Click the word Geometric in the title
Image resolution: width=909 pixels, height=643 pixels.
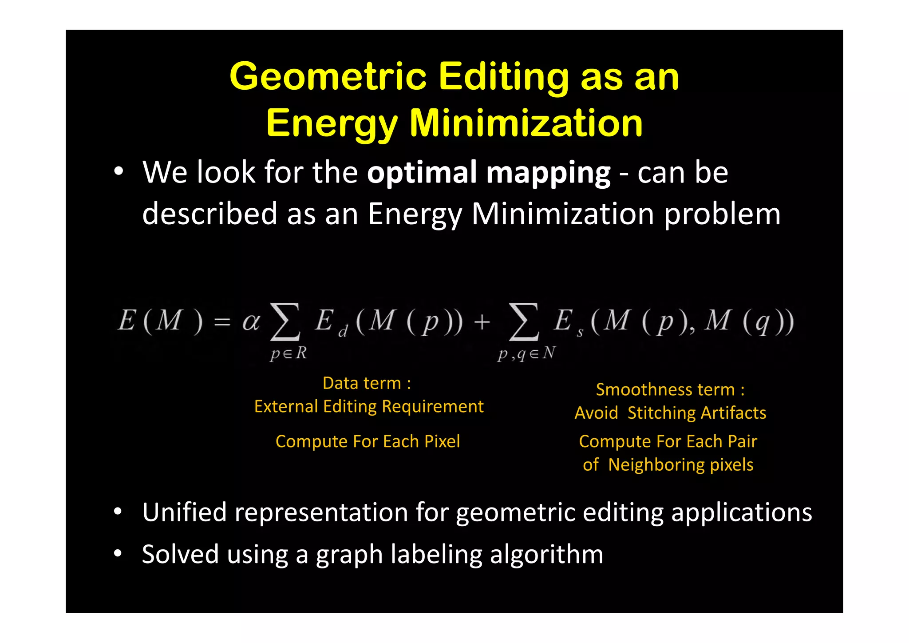tap(328, 76)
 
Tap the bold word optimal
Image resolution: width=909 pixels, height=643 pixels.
tap(422, 172)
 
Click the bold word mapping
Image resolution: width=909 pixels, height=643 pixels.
tap(548, 173)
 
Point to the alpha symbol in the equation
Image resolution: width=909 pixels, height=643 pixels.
tap(251, 321)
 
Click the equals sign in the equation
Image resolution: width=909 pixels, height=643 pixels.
tap(222, 321)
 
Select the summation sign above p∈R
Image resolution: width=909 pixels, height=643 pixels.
tap(285, 321)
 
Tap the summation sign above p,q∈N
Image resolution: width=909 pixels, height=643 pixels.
tap(524, 321)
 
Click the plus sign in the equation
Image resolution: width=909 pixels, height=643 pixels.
tap(482, 321)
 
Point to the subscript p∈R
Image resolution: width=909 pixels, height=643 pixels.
tap(289, 353)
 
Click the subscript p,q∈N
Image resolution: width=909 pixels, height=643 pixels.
tap(526, 353)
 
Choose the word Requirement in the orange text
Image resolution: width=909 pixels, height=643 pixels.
tap(433, 406)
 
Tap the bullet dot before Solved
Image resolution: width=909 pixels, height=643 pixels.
tap(118, 554)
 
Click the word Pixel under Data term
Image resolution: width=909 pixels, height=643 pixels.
tap(442, 441)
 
